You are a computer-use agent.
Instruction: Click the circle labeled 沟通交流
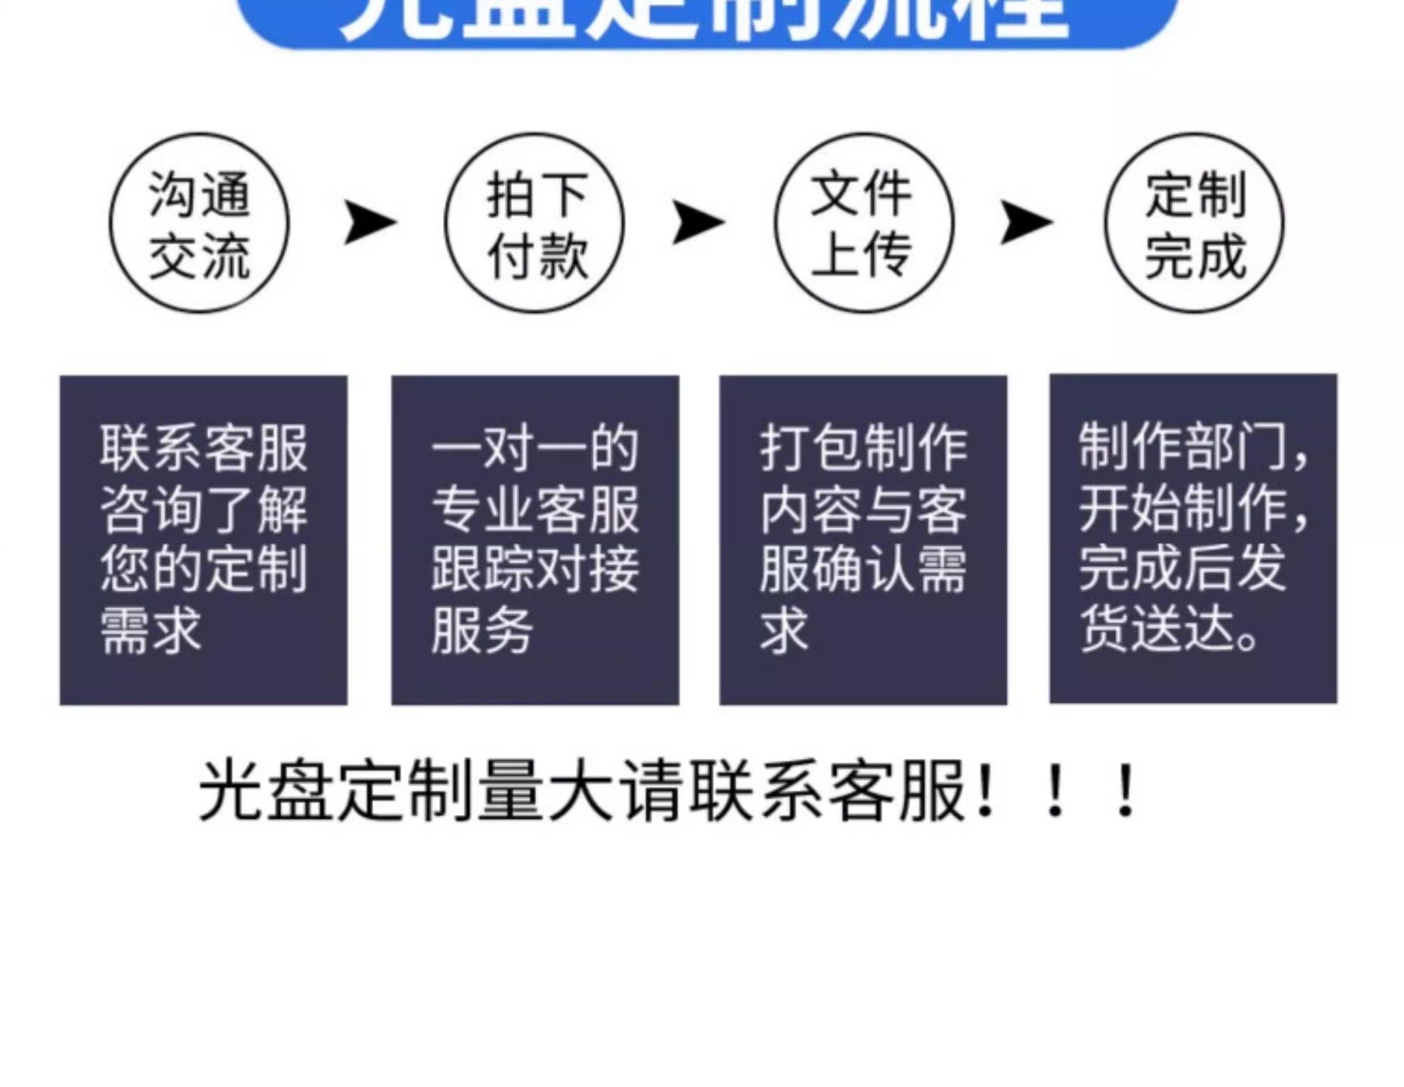coord(199,223)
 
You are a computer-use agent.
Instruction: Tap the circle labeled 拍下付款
coord(534,223)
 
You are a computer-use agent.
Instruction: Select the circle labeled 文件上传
coord(864,223)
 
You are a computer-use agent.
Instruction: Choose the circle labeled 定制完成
coord(1195,223)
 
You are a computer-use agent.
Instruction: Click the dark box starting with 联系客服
coord(203,540)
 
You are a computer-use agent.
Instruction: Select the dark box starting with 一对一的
coord(535,540)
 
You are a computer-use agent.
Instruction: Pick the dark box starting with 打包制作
coord(863,540)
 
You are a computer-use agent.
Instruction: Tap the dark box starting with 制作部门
coord(1193,538)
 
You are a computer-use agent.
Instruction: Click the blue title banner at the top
coord(707,19)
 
